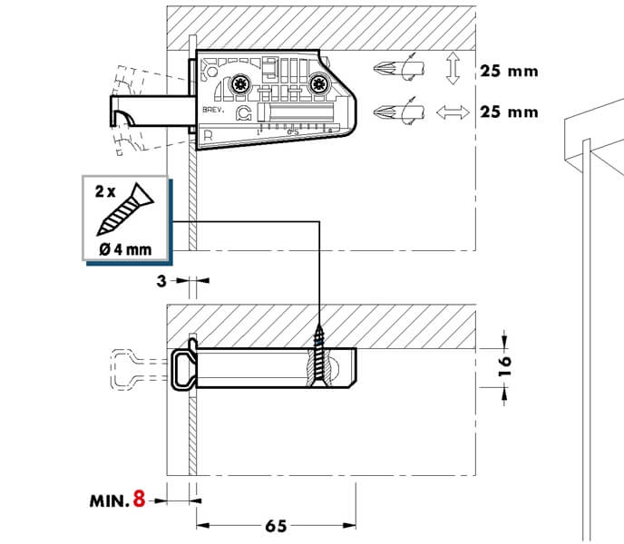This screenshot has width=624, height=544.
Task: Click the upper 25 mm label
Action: [x=509, y=71]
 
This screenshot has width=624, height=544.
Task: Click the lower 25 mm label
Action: [x=509, y=112]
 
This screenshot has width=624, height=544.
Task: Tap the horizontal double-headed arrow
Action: [x=452, y=112]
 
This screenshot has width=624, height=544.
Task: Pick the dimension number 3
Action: [x=161, y=281]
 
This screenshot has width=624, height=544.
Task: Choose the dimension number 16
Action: [x=506, y=366]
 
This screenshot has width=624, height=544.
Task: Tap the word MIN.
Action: [x=110, y=500]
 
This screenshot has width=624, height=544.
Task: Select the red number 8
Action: [x=139, y=500]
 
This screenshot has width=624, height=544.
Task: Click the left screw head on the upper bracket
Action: [x=239, y=85]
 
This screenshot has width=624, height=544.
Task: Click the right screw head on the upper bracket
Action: [x=319, y=85]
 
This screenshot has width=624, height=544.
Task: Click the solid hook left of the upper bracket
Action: [x=127, y=114]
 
